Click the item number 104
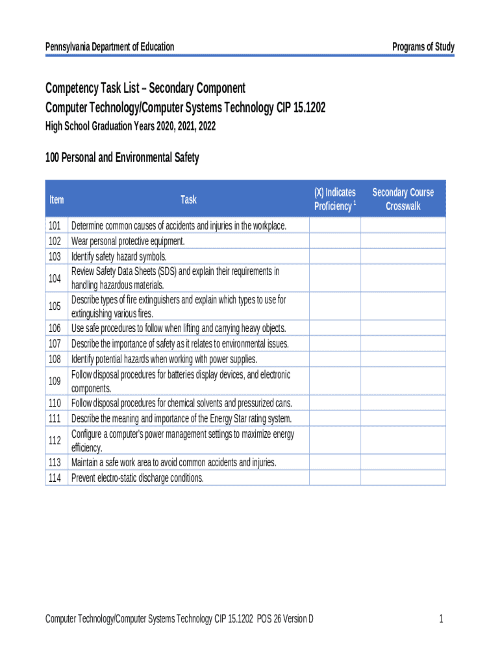tap(55, 278)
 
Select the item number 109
tap(55, 381)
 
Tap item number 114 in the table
tap(55, 478)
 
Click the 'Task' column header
tap(188, 199)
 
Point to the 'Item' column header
tap(56, 199)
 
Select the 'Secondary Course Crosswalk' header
tap(403, 199)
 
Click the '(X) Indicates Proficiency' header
tap(334, 199)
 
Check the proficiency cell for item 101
tap(334, 226)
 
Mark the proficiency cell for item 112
tap(334, 440)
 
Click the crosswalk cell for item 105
tap(403, 307)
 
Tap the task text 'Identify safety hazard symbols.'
tap(119, 256)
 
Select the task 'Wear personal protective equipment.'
tap(128, 241)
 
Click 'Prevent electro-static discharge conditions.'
tap(137, 478)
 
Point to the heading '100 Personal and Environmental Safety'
tap(122, 158)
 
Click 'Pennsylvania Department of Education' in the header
tap(110, 47)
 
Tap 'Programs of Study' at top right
tap(423, 47)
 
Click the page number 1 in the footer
tap(441, 619)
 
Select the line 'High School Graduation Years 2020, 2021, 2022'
tap(130, 126)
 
